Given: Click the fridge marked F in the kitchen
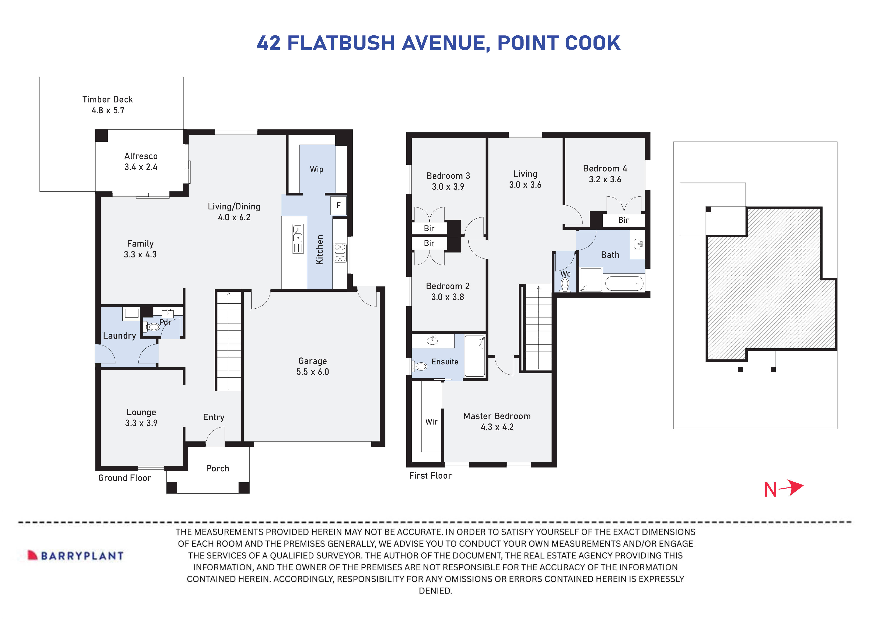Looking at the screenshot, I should (338, 206).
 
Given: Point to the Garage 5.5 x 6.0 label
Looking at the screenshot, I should (313, 366).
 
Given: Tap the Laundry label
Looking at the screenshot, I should (120, 336).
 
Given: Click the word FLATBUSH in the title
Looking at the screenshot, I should (341, 43).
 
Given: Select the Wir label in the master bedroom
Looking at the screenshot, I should (431, 422).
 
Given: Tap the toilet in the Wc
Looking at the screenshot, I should (565, 284).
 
